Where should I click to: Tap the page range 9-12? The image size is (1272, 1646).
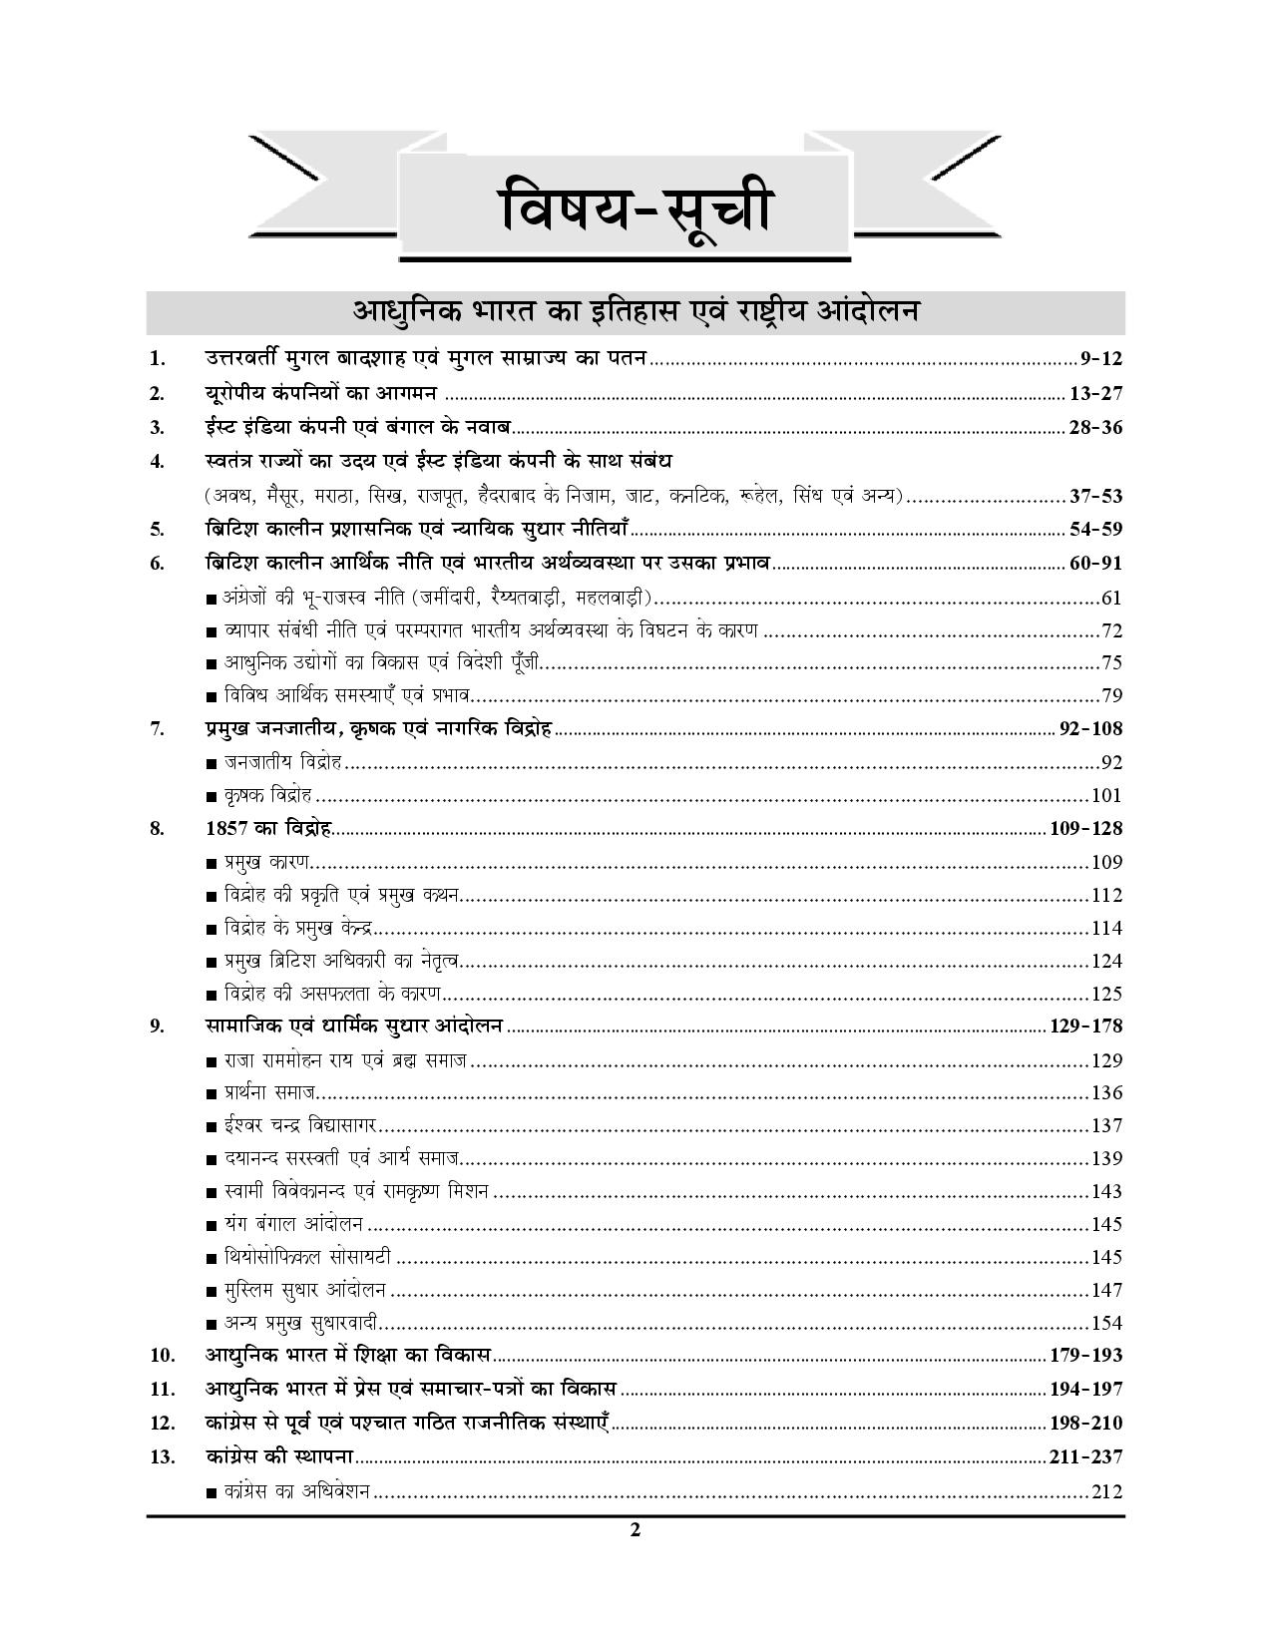tap(1101, 358)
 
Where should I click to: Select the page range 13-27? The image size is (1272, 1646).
tap(1095, 393)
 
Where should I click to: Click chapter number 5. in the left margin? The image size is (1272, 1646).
tap(157, 530)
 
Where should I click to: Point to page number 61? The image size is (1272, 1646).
tap(1111, 599)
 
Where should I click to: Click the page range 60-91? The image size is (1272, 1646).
tap(1095, 564)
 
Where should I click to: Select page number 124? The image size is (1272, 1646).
tap(1106, 962)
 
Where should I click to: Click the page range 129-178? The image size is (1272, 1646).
tap(1086, 1026)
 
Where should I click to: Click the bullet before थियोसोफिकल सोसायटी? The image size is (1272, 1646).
tap(211, 1259)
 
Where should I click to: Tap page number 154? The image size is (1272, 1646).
tap(1106, 1324)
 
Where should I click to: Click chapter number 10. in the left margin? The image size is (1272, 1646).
tap(163, 1356)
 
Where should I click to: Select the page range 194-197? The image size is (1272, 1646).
tap(1086, 1389)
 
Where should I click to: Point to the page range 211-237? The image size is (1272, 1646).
tap(1086, 1457)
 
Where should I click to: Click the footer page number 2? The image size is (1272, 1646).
tap(636, 1531)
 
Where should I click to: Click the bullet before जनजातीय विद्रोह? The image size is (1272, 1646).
tap(211, 764)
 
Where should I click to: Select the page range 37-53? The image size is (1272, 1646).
tap(1095, 496)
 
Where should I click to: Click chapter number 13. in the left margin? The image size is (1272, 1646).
tap(163, 1457)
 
